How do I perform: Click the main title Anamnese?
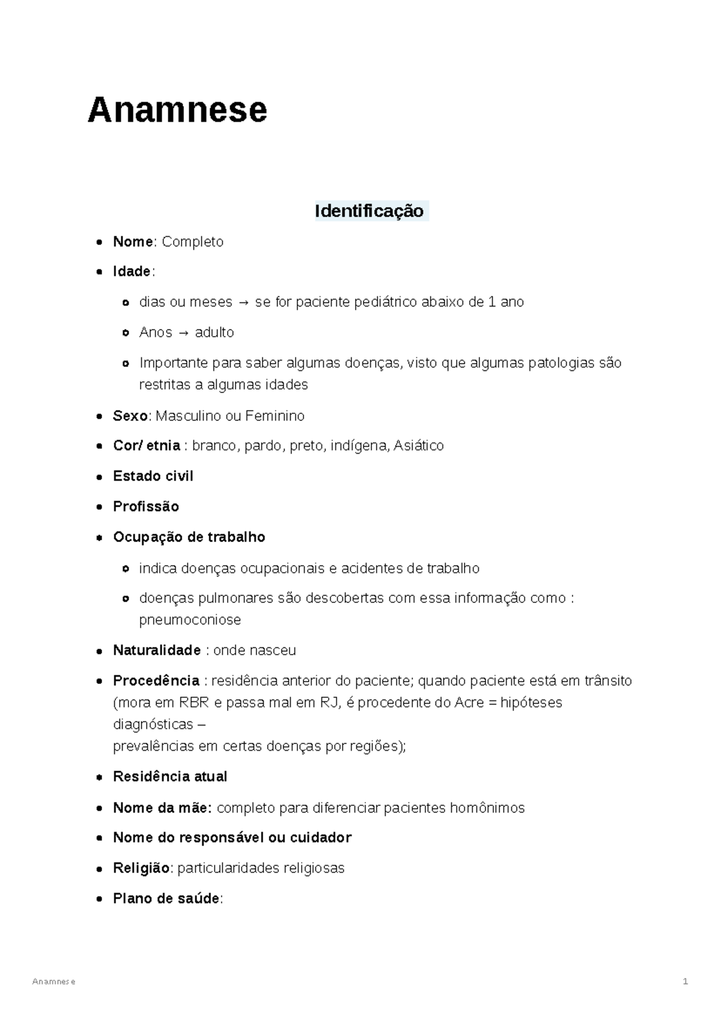(177, 111)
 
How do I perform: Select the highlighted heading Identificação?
(369, 211)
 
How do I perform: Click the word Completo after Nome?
(192, 242)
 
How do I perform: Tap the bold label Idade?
(132, 272)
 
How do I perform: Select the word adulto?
(214, 332)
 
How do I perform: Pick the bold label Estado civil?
(153, 476)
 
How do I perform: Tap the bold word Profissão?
(146, 507)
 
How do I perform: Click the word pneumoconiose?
(190, 620)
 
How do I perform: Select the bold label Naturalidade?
(157, 650)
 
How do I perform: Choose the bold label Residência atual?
(170, 777)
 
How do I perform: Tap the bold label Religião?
(142, 868)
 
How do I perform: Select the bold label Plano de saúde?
(166, 899)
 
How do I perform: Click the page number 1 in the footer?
(685, 982)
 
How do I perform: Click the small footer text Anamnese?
(54, 982)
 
